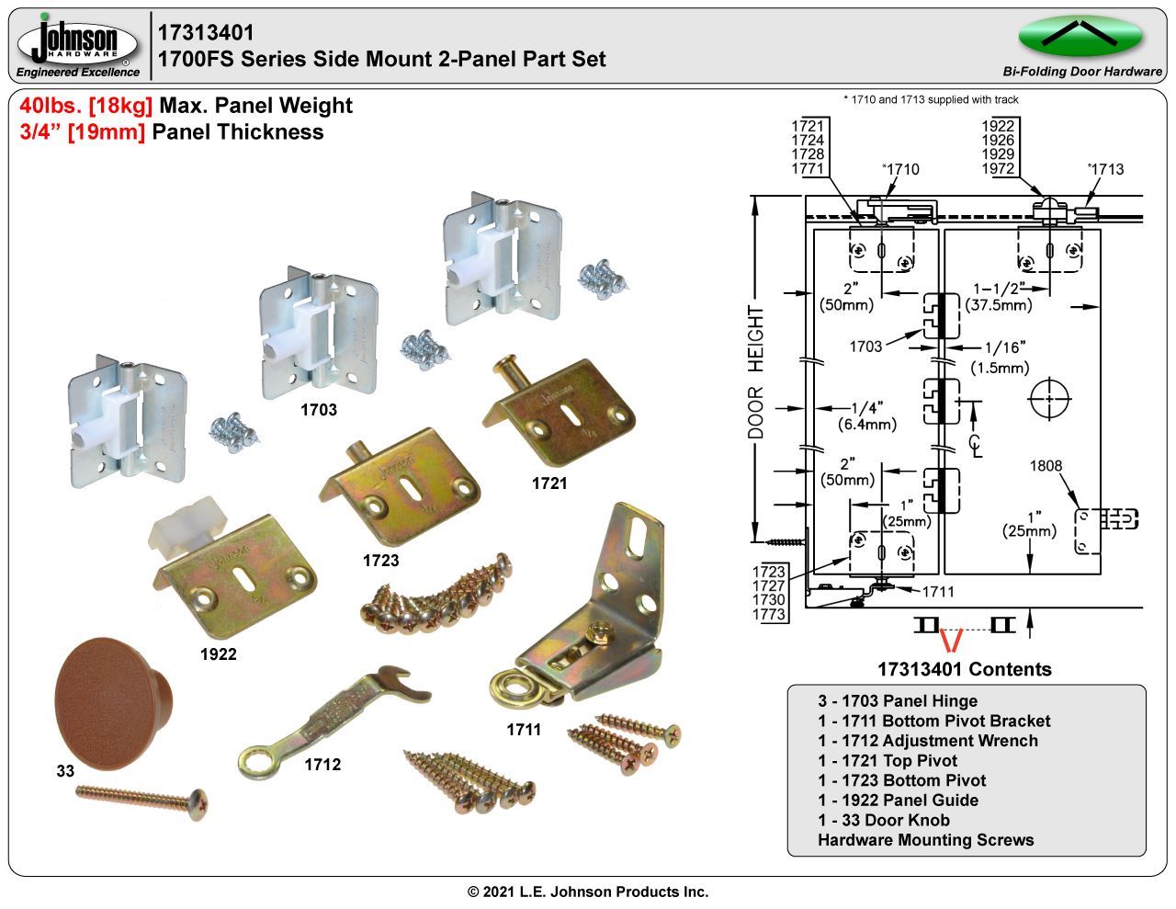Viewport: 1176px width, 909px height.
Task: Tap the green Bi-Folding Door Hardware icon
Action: pos(1080,36)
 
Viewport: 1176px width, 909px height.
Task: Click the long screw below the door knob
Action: pos(141,797)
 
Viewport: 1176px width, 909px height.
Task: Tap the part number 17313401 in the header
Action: pos(206,33)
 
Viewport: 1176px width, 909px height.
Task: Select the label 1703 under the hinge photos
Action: pos(319,410)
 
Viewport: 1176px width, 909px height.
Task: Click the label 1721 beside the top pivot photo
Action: pos(549,483)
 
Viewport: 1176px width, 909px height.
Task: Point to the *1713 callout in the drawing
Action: pos(1105,169)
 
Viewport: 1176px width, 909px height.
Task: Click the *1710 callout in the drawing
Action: pos(900,169)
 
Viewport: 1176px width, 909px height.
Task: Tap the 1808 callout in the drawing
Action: pos(1046,465)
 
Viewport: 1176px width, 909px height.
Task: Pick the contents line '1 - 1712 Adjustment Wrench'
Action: pos(928,741)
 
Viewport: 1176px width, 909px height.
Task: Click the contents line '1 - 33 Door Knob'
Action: pos(884,820)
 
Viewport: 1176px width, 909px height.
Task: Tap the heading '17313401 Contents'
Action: pos(964,669)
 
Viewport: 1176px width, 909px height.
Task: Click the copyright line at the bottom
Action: pos(588,892)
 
